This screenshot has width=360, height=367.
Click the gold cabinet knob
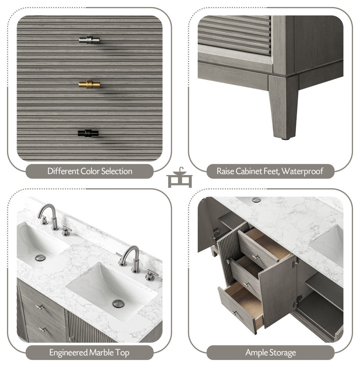pos(89,85)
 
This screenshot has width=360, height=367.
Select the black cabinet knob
pos(89,133)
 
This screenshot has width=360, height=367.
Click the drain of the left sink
pos(40,257)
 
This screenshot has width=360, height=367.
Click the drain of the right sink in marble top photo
pos(119,304)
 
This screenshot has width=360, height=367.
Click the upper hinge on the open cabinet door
pos(295,264)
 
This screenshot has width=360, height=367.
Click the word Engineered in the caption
pos(68,352)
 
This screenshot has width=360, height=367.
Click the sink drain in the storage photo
pos(256,200)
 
